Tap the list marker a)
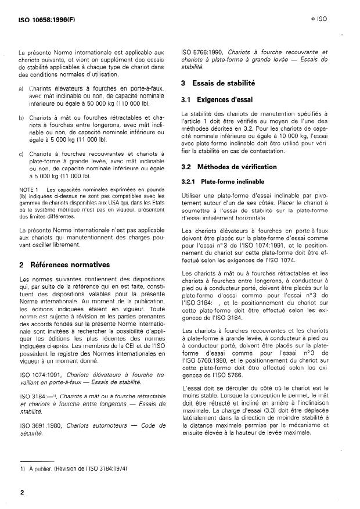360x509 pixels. click(21, 87)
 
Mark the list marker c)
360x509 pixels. click(21, 153)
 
